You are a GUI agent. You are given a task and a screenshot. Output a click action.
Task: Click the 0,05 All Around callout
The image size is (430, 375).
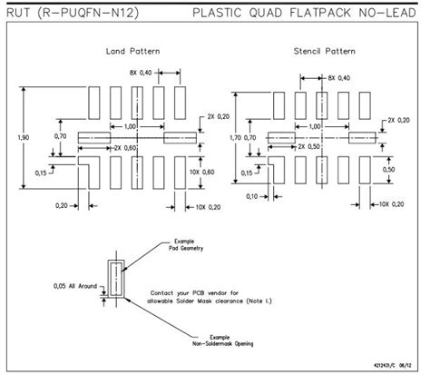(73, 287)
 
